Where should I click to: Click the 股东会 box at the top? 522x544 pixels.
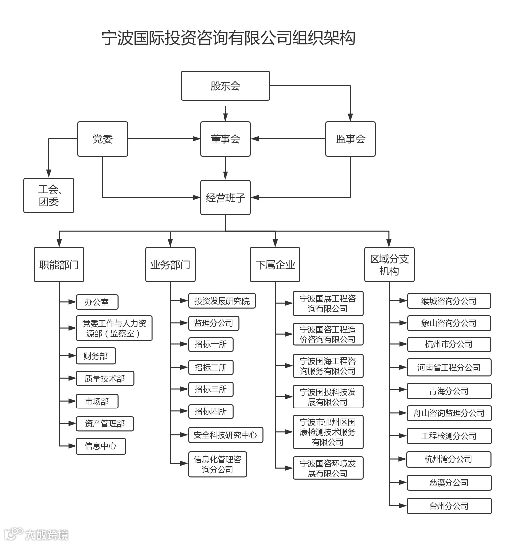(x=225, y=86)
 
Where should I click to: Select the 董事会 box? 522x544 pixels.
(x=225, y=139)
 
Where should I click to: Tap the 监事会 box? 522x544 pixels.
(x=350, y=139)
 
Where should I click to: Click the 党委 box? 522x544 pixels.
(x=103, y=139)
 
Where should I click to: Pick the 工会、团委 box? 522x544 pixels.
(x=49, y=196)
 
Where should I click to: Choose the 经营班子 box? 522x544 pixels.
(x=225, y=198)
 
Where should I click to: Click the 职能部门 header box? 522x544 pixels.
(x=59, y=265)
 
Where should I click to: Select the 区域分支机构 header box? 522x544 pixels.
(x=389, y=265)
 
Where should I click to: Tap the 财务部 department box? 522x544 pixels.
(x=96, y=356)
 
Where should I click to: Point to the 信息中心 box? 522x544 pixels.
(x=101, y=446)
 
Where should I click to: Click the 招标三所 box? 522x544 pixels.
(x=211, y=389)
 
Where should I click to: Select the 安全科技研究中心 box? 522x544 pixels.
(x=225, y=435)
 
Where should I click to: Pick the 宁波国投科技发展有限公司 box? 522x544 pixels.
(x=328, y=397)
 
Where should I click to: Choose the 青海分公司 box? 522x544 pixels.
(x=449, y=391)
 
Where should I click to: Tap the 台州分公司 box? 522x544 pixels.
(x=449, y=506)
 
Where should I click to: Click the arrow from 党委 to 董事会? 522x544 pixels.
(x=164, y=139)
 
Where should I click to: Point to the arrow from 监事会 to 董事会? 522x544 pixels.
(x=288, y=139)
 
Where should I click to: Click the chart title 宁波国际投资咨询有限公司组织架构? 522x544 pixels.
(x=228, y=38)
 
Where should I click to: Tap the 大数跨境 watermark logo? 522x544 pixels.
(x=36, y=534)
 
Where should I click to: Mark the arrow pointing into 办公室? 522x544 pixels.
(x=68, y=302)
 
